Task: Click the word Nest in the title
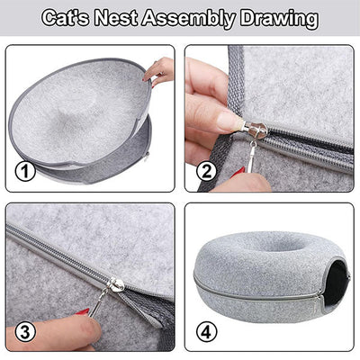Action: pos(115,19)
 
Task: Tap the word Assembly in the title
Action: pos(188,20)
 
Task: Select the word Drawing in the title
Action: pos(279,20)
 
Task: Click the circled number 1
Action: pos(25,172)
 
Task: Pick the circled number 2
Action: pos(206,172)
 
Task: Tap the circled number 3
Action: pos(25,332)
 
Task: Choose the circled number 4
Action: pos(206,332)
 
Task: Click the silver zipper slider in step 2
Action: pos(255,131)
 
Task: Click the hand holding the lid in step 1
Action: pos(158,72)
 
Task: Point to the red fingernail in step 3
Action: pos(83,311)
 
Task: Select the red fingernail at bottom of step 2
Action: pos(238,173)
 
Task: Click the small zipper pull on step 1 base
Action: pos(147,157)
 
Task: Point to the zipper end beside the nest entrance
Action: pos(319,301)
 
